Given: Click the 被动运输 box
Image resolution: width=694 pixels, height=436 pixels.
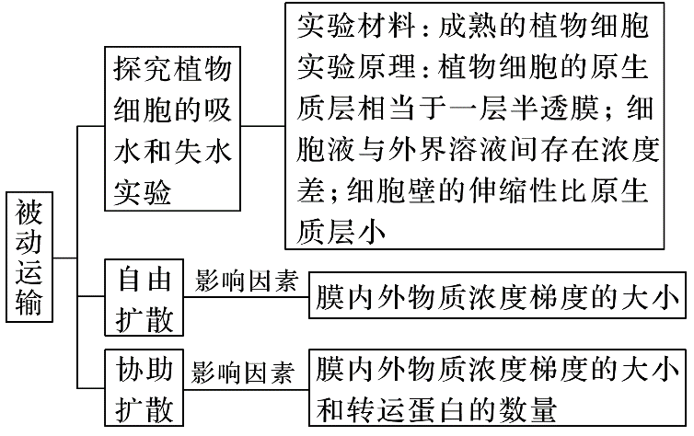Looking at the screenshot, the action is point(29,257).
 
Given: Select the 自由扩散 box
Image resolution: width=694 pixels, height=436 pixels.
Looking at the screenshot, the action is point(144,298).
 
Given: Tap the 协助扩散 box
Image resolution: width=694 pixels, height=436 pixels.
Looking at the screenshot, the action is point(144,388).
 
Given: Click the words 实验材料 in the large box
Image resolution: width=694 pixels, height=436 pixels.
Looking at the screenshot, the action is point(356,26).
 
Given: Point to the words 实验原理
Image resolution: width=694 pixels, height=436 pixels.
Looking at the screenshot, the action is point(356,67).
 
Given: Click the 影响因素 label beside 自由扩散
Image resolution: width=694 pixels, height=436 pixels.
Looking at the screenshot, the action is point(246,281).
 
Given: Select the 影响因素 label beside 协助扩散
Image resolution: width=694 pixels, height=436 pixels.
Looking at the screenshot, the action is point(243,373).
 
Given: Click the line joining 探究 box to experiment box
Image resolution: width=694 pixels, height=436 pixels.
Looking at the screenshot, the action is point(263,126).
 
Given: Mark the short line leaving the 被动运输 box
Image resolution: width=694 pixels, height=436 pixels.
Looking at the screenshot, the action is point(65,258).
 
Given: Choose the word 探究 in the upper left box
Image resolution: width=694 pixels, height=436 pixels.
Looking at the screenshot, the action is point(143,69).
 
